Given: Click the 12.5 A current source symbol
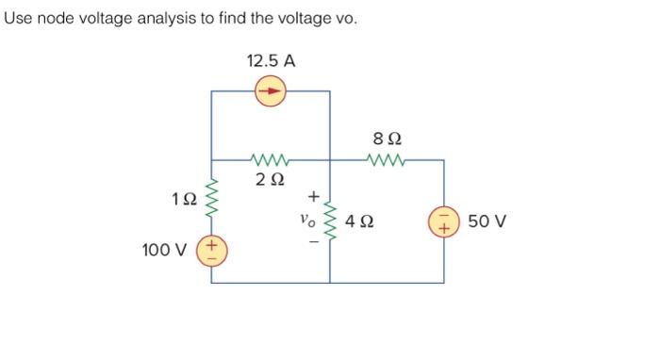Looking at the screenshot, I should tap(271, 91).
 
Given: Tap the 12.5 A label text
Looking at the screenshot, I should tap(271, 61).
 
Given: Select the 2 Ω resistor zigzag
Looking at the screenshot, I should tap(271, 160).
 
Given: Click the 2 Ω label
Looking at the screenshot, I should tap(271, 179).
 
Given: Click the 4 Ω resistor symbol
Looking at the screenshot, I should tap(330, 222).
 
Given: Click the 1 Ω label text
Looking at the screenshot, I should tap(185, 199).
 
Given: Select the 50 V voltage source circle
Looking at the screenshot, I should tap(443, 222).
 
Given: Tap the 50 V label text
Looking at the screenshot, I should tap(487, 222).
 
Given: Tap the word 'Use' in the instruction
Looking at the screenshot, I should tap(19, 19).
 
